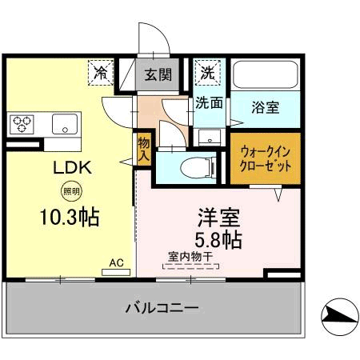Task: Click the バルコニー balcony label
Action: (x=162, y=307)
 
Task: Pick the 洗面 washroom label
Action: (x=209, y=102)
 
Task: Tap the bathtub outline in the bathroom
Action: (x=266, y=74)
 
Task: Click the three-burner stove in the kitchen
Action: (x=22, y=123)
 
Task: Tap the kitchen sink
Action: (x=64, y=123)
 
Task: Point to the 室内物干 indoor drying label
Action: (x=190, y=257)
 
